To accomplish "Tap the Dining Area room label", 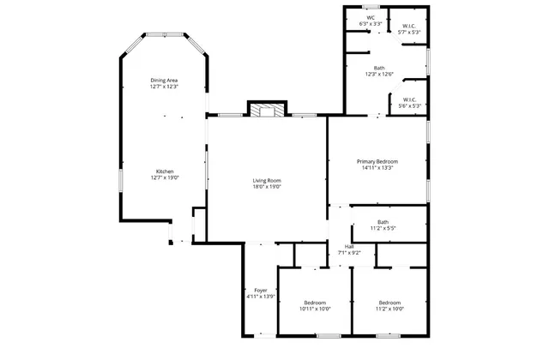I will (163, 81).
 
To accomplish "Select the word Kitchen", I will (164, 171).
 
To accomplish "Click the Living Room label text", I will (267, 180).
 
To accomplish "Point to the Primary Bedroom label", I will (377, 161).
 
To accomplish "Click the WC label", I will (371, 18).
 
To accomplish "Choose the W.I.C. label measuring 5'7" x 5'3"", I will (409, 26).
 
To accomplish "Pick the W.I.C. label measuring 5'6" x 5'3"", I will (408, 99).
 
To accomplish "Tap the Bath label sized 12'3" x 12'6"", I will (379, 68).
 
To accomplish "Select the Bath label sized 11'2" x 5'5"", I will (383, 222).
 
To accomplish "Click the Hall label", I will (349, 246).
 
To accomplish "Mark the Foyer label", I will (260, 290).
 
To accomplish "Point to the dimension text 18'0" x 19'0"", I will (267, 187).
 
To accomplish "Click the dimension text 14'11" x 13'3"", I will (377, 168).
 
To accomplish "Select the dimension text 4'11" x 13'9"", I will (260, 297).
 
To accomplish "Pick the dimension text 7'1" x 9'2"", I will (349, 253).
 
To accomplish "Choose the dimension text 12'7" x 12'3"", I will (163, 87).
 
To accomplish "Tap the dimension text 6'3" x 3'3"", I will (371, 24).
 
